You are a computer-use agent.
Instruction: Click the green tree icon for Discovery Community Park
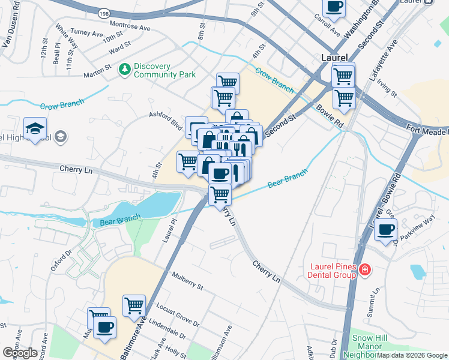125,70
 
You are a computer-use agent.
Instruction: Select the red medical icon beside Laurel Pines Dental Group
364,271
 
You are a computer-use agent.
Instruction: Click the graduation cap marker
35,128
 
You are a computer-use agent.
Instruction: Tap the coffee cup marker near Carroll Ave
334,7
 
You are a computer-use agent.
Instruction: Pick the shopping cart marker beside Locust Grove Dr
134,305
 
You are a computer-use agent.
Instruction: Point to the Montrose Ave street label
130,25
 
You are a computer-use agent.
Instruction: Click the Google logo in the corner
19,352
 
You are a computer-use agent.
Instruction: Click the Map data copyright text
412,355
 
